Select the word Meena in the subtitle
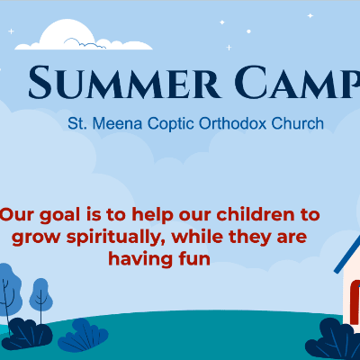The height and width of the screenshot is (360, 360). (x=120, y=122)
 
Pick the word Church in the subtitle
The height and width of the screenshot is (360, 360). (x=296, y=122)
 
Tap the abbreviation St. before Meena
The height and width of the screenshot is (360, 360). (x=87, y=122)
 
